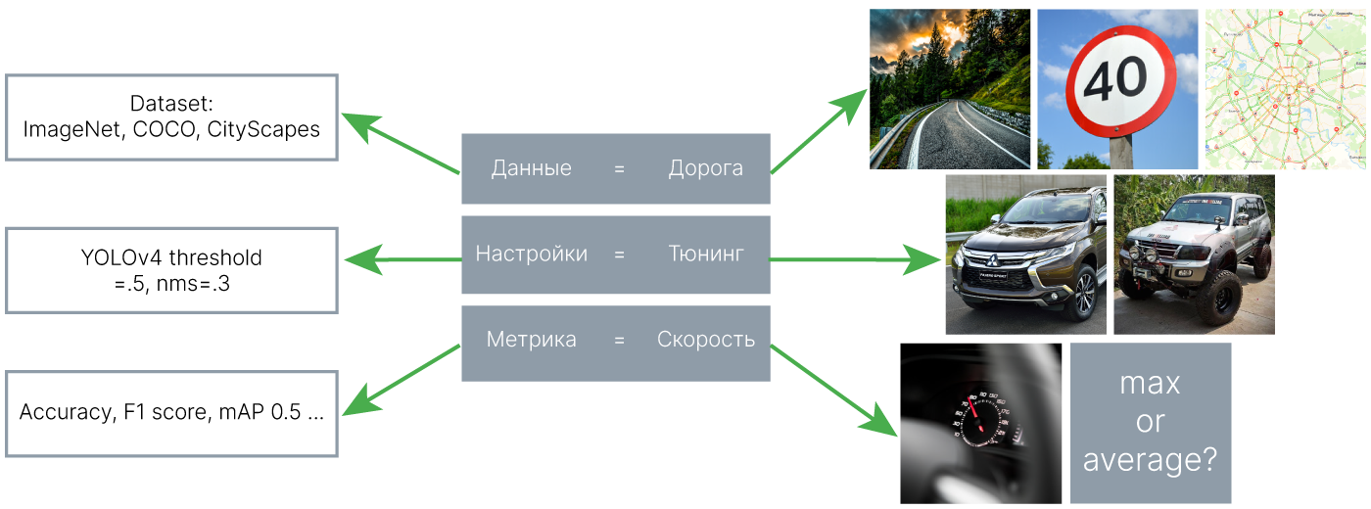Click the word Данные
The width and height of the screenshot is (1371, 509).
[531, 168]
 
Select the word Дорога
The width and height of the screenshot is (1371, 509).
[705, 168]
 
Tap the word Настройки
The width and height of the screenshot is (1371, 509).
[531, 254]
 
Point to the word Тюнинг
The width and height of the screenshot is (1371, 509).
[705, 254]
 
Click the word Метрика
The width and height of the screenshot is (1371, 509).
[531, 341]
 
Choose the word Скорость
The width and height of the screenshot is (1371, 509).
[705, 341]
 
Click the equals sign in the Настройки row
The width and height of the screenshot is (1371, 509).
[619, 254]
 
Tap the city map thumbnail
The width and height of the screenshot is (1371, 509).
[1285, 89]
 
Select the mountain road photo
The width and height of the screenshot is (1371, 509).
[950, 89]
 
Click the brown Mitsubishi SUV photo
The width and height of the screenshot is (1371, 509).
[1025, 254]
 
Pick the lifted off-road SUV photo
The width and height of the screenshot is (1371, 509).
[1194, 254]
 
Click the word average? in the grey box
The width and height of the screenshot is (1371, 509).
[1150, 459]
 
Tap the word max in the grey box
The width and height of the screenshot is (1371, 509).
[1150, 384]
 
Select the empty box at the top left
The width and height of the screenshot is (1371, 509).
[172, 117]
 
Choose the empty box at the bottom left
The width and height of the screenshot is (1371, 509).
[172, 413]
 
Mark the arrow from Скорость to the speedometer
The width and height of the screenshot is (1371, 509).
[832, 388]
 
